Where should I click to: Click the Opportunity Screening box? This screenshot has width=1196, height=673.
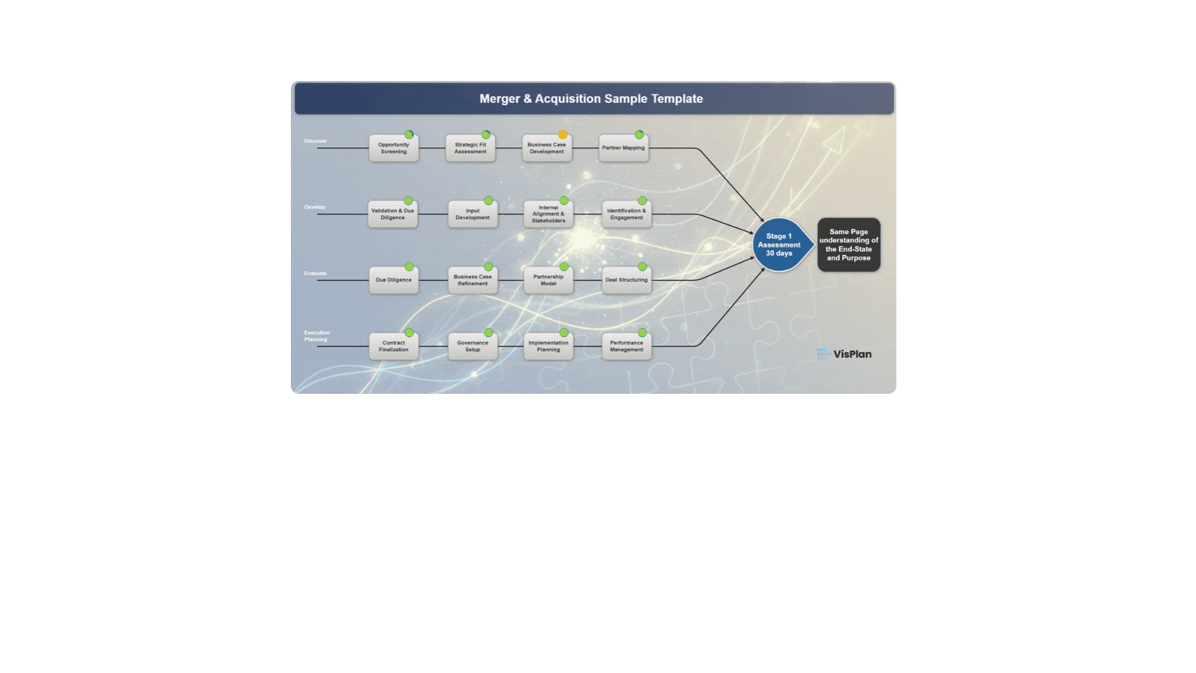coord(394,148)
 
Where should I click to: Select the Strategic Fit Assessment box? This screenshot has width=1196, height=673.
coord(470,148)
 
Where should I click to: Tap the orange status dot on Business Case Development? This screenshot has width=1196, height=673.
coord(562,135)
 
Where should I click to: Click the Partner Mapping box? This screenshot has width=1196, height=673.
coord(624,148)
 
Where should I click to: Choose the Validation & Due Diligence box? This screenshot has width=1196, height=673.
coord(392,214)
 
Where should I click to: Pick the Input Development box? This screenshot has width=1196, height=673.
coord(473,214)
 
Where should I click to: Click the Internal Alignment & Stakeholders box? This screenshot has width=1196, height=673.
coord(548,214)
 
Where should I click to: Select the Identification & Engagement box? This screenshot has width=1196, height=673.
coord(627,214)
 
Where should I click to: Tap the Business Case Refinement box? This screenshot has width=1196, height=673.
coord(473,280)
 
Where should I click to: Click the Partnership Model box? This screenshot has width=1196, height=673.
coord(548,280)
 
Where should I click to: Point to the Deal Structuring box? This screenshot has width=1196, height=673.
coord(627,280)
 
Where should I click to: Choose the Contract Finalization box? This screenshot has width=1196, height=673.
coord(394,346)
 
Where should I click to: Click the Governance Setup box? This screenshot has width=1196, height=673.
coord(473,346)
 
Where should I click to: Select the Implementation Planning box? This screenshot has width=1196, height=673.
coord(548,346)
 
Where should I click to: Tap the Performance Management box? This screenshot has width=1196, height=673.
coord(627,346)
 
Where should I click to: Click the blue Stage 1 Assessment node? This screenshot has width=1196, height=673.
coord(779,245)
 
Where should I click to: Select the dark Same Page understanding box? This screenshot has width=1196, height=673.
coord(848,245)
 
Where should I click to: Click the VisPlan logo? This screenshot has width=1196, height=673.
coord(845,354)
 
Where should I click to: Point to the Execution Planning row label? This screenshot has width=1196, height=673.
coord(316,336)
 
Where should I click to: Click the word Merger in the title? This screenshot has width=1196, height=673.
coord(500,99)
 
